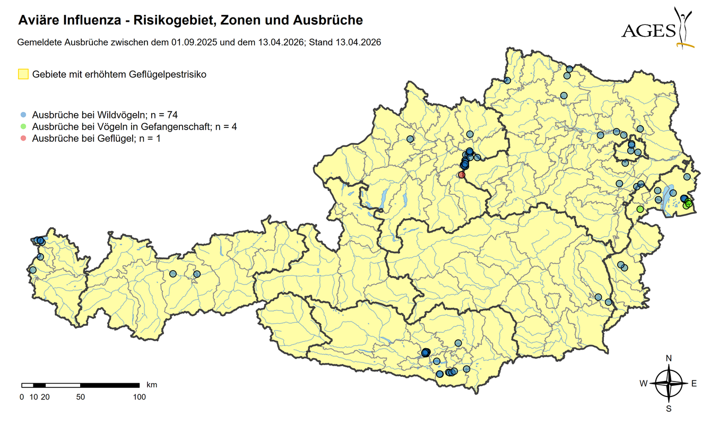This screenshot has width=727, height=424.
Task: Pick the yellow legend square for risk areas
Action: click(23, 74)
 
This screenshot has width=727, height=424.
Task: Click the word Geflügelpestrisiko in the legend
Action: click(167, 74)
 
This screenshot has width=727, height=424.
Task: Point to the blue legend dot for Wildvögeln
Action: click(23, 115)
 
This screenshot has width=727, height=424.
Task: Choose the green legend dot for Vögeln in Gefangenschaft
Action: click(23, 127)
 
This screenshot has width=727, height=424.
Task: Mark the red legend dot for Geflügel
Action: click(23, 139)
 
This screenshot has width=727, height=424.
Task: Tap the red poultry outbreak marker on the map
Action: click(462, 175)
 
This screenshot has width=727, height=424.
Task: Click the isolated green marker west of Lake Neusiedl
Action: click(640, 209)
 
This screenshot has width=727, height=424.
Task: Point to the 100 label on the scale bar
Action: click(139, 397)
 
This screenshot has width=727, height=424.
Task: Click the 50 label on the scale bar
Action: click(81, 397)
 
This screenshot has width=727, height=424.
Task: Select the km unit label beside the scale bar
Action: click(151, 384)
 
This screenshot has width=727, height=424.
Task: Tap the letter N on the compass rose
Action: click(669, 358)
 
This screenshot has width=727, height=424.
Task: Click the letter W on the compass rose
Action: click(643, 384)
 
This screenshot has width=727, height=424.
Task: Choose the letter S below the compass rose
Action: click(669, 409)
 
